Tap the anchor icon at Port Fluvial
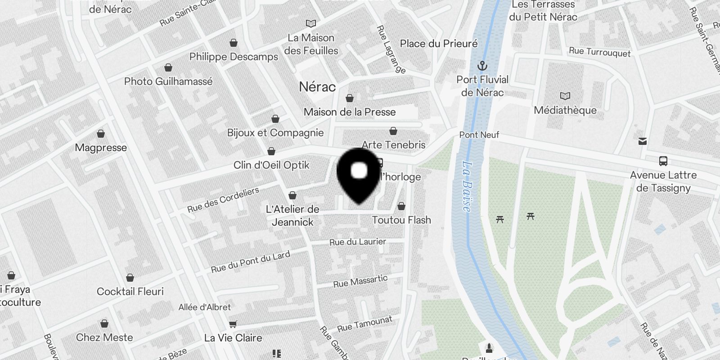482,67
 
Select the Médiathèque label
565,110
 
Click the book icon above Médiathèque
565,96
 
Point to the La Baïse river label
468,186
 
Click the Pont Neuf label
479,135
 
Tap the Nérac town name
317,87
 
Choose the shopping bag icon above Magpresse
101,134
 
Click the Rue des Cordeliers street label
223,200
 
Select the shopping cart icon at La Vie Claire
233,324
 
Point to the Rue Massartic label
360,282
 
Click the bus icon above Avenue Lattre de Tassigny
663,161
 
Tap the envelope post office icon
643,141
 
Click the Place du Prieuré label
439,44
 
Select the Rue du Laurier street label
358,242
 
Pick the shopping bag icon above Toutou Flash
401,206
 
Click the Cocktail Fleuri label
130,292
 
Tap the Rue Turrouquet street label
600,52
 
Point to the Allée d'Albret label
205,307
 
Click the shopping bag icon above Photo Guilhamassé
168,67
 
